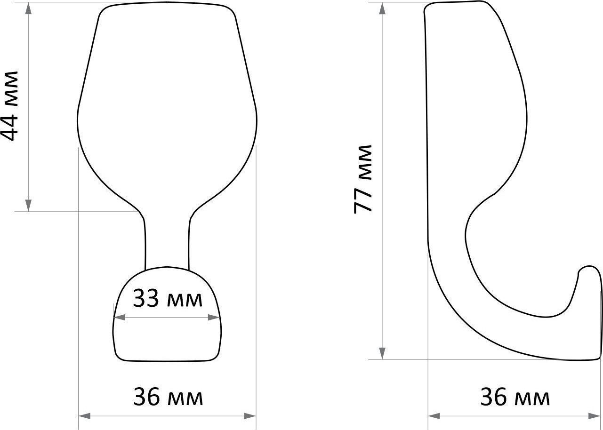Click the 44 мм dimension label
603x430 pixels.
[9, 106]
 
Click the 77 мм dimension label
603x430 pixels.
[362, 179]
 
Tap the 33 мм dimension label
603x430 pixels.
[168, 298]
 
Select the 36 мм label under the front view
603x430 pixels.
[168, 397]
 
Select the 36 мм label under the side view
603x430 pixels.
[515, 397]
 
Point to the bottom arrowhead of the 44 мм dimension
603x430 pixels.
[29, 205]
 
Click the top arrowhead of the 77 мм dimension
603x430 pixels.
[382, 8]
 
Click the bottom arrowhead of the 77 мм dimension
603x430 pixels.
[382, 353]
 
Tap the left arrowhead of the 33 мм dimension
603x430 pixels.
[120, 318]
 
